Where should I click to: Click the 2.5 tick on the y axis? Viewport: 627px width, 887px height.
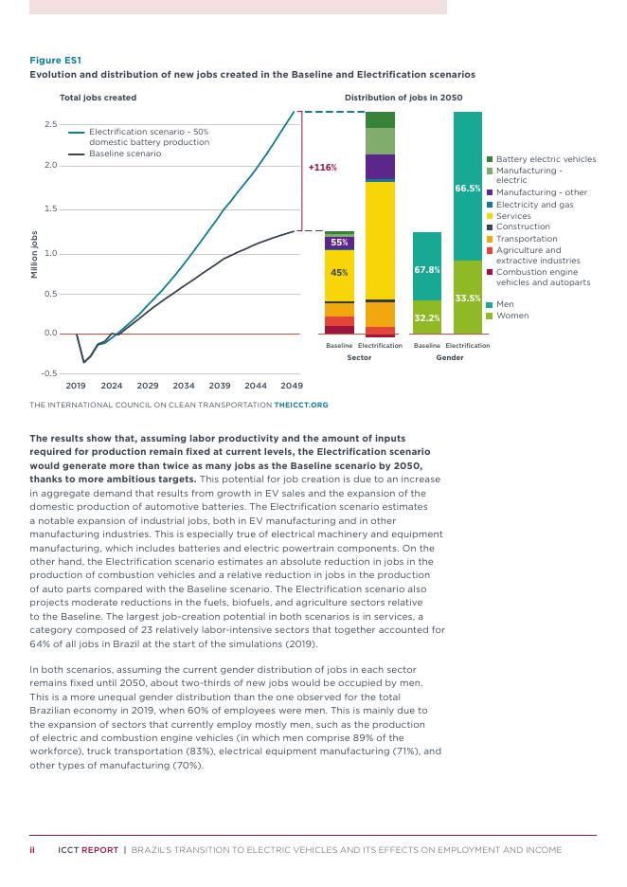[50, 124]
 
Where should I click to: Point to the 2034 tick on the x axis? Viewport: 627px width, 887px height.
[184, 386]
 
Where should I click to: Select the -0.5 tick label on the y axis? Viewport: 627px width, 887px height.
[48, 373]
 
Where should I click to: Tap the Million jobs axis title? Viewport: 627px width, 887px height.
[35, 253]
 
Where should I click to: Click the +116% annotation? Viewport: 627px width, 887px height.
[323, 168]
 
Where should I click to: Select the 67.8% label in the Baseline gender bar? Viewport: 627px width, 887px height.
[427, 270]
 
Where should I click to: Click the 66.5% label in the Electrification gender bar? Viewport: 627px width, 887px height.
[468, 189]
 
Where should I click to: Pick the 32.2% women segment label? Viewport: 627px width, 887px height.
[427, 317]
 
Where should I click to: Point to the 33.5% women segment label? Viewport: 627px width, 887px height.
[468, 299]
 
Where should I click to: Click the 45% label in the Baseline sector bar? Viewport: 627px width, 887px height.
[339, 273]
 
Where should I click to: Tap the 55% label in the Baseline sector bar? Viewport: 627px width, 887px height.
[339, 244]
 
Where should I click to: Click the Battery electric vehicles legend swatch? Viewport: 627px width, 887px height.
[490, 159]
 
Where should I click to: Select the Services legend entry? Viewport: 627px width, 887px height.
[513, 216]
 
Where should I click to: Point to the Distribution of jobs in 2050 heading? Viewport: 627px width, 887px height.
[403, 98]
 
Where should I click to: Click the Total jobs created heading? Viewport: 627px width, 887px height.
[98, 98]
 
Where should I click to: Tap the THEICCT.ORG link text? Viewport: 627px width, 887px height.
[301, 405]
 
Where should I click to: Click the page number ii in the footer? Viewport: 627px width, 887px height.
[32, 850]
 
